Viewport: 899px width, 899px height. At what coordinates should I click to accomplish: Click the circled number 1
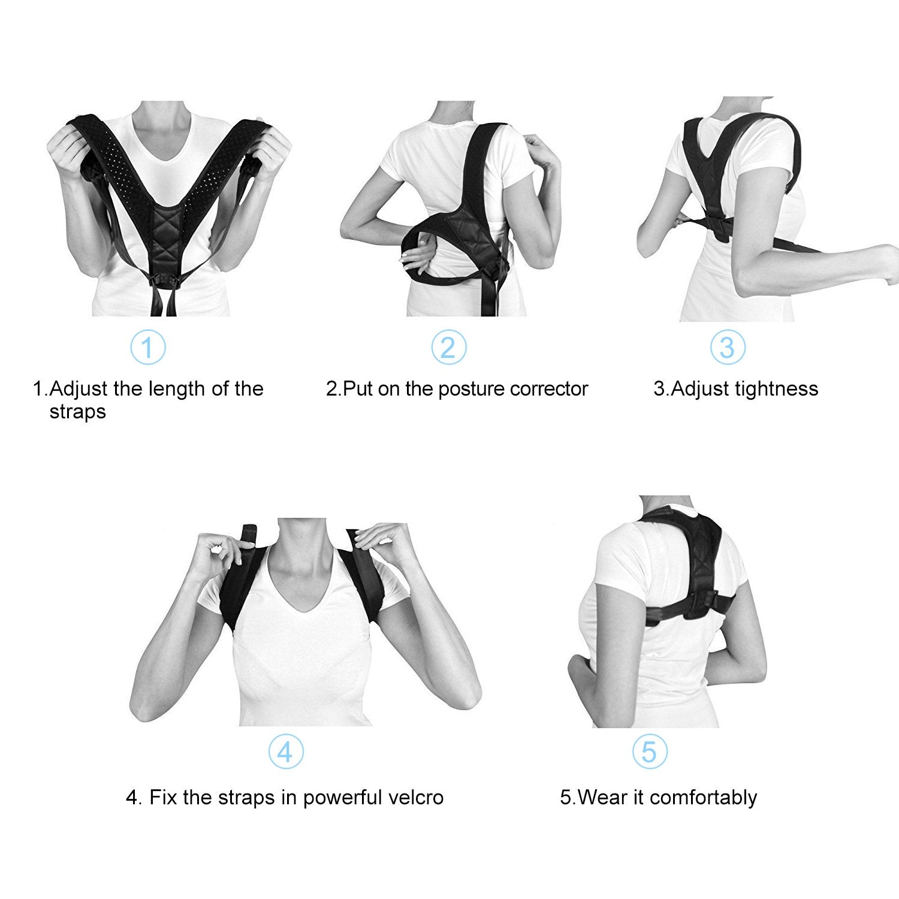coord(147,347)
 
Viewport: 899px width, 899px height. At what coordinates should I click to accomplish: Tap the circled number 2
coord(448,347)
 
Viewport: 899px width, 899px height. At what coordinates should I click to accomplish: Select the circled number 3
coord(727,347)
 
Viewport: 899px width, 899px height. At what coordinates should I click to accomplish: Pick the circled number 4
coord(285,752)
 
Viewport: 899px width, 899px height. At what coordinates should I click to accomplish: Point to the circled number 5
coord(649,752)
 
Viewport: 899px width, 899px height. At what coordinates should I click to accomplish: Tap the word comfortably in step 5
coord(703,798)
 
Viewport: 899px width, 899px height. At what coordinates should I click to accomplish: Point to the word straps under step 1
coord(77,412)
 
